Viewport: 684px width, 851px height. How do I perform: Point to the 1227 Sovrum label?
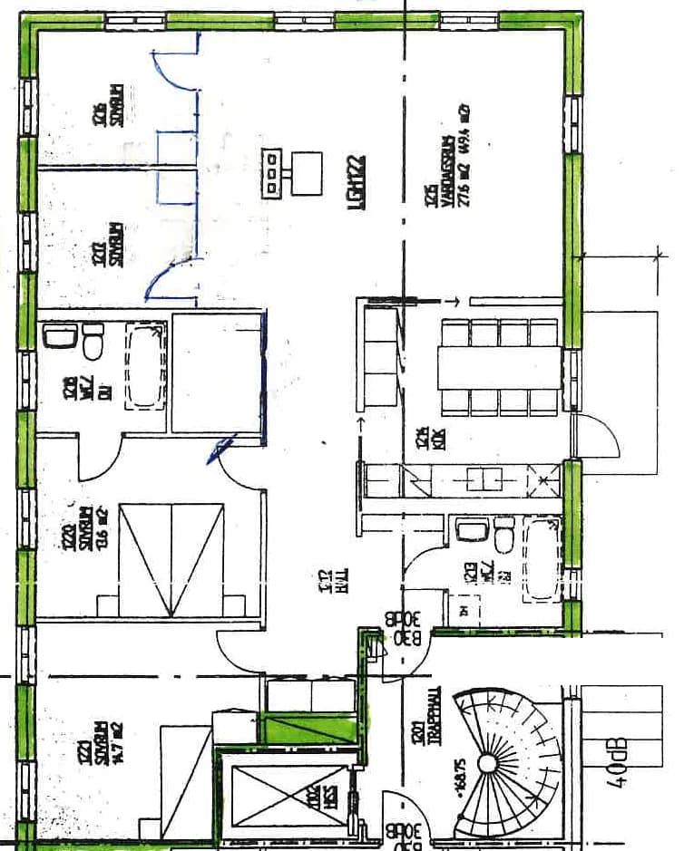coord(108,246)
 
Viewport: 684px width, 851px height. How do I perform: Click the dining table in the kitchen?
coord(500,367)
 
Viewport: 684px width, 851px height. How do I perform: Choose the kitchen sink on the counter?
coord(482,479)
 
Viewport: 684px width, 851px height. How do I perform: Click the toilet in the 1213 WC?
coord(503,537)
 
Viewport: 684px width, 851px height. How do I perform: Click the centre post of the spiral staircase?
coord(487,764)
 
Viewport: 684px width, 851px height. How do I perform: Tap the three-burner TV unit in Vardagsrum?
coord(272,171)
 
